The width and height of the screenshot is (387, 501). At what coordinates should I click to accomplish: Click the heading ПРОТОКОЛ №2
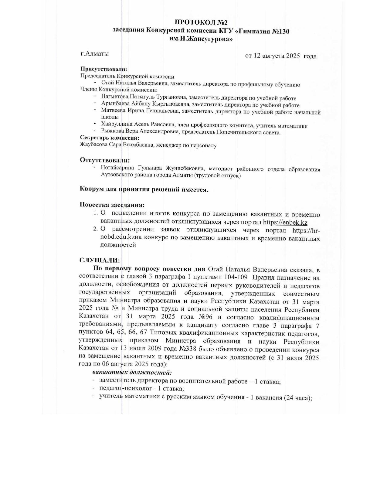(x=201, y=23)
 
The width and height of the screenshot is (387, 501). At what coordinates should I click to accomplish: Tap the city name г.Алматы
(x=95, y=54)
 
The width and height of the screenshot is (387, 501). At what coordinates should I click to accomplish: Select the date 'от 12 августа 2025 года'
(x=280, y=56)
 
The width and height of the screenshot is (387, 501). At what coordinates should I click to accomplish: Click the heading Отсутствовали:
(x=105, y=160)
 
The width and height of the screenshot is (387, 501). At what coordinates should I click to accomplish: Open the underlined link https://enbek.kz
(x=285, y=222)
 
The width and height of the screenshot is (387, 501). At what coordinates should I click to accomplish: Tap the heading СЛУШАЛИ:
(x=100, y=260)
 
